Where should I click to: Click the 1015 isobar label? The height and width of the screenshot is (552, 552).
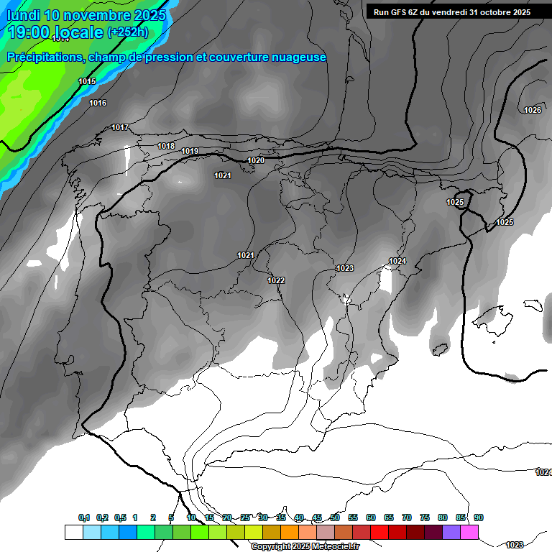click(87, 82)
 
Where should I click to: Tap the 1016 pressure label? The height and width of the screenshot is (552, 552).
click(98, 103)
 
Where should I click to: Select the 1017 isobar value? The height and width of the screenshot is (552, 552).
click(120, 128)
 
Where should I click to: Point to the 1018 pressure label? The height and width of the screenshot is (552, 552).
click(166, 147)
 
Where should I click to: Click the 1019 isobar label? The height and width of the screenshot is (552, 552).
click(190, 152)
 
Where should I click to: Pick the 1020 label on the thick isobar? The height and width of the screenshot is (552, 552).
click(256, 161)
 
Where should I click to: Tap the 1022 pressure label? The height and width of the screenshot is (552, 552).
click(276, 280)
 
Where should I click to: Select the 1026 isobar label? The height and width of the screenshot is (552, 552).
click(533, 110)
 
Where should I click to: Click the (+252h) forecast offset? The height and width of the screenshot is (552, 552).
click(128, 32)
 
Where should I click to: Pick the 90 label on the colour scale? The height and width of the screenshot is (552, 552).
click(478, 517)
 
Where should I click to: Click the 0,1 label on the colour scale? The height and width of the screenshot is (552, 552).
click(84, 517)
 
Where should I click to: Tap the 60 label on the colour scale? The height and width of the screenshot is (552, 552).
click(371, 517)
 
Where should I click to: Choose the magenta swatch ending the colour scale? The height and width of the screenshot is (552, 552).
click(469, 532)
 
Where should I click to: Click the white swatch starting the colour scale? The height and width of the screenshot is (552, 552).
click(73, 532)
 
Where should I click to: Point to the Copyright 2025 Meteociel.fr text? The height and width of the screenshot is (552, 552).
click(305, 547)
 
